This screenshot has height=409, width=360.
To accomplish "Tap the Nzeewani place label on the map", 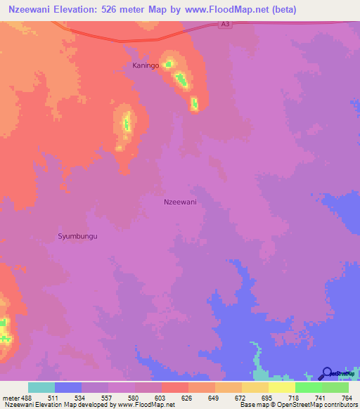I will (179, 202).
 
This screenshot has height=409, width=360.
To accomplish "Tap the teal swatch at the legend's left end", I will (41, 387).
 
